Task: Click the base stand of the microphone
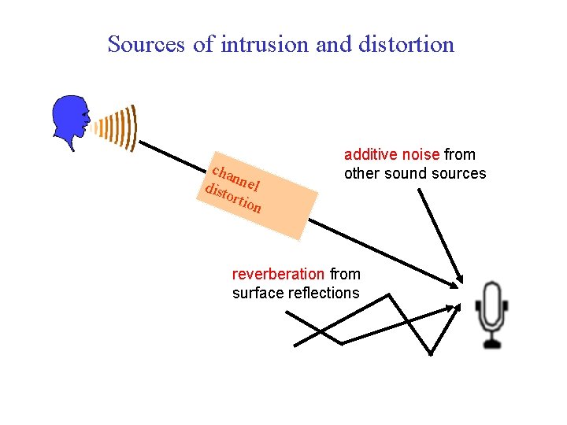[493, 343]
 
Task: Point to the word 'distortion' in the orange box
[232, 199]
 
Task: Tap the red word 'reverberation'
[278, 274]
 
